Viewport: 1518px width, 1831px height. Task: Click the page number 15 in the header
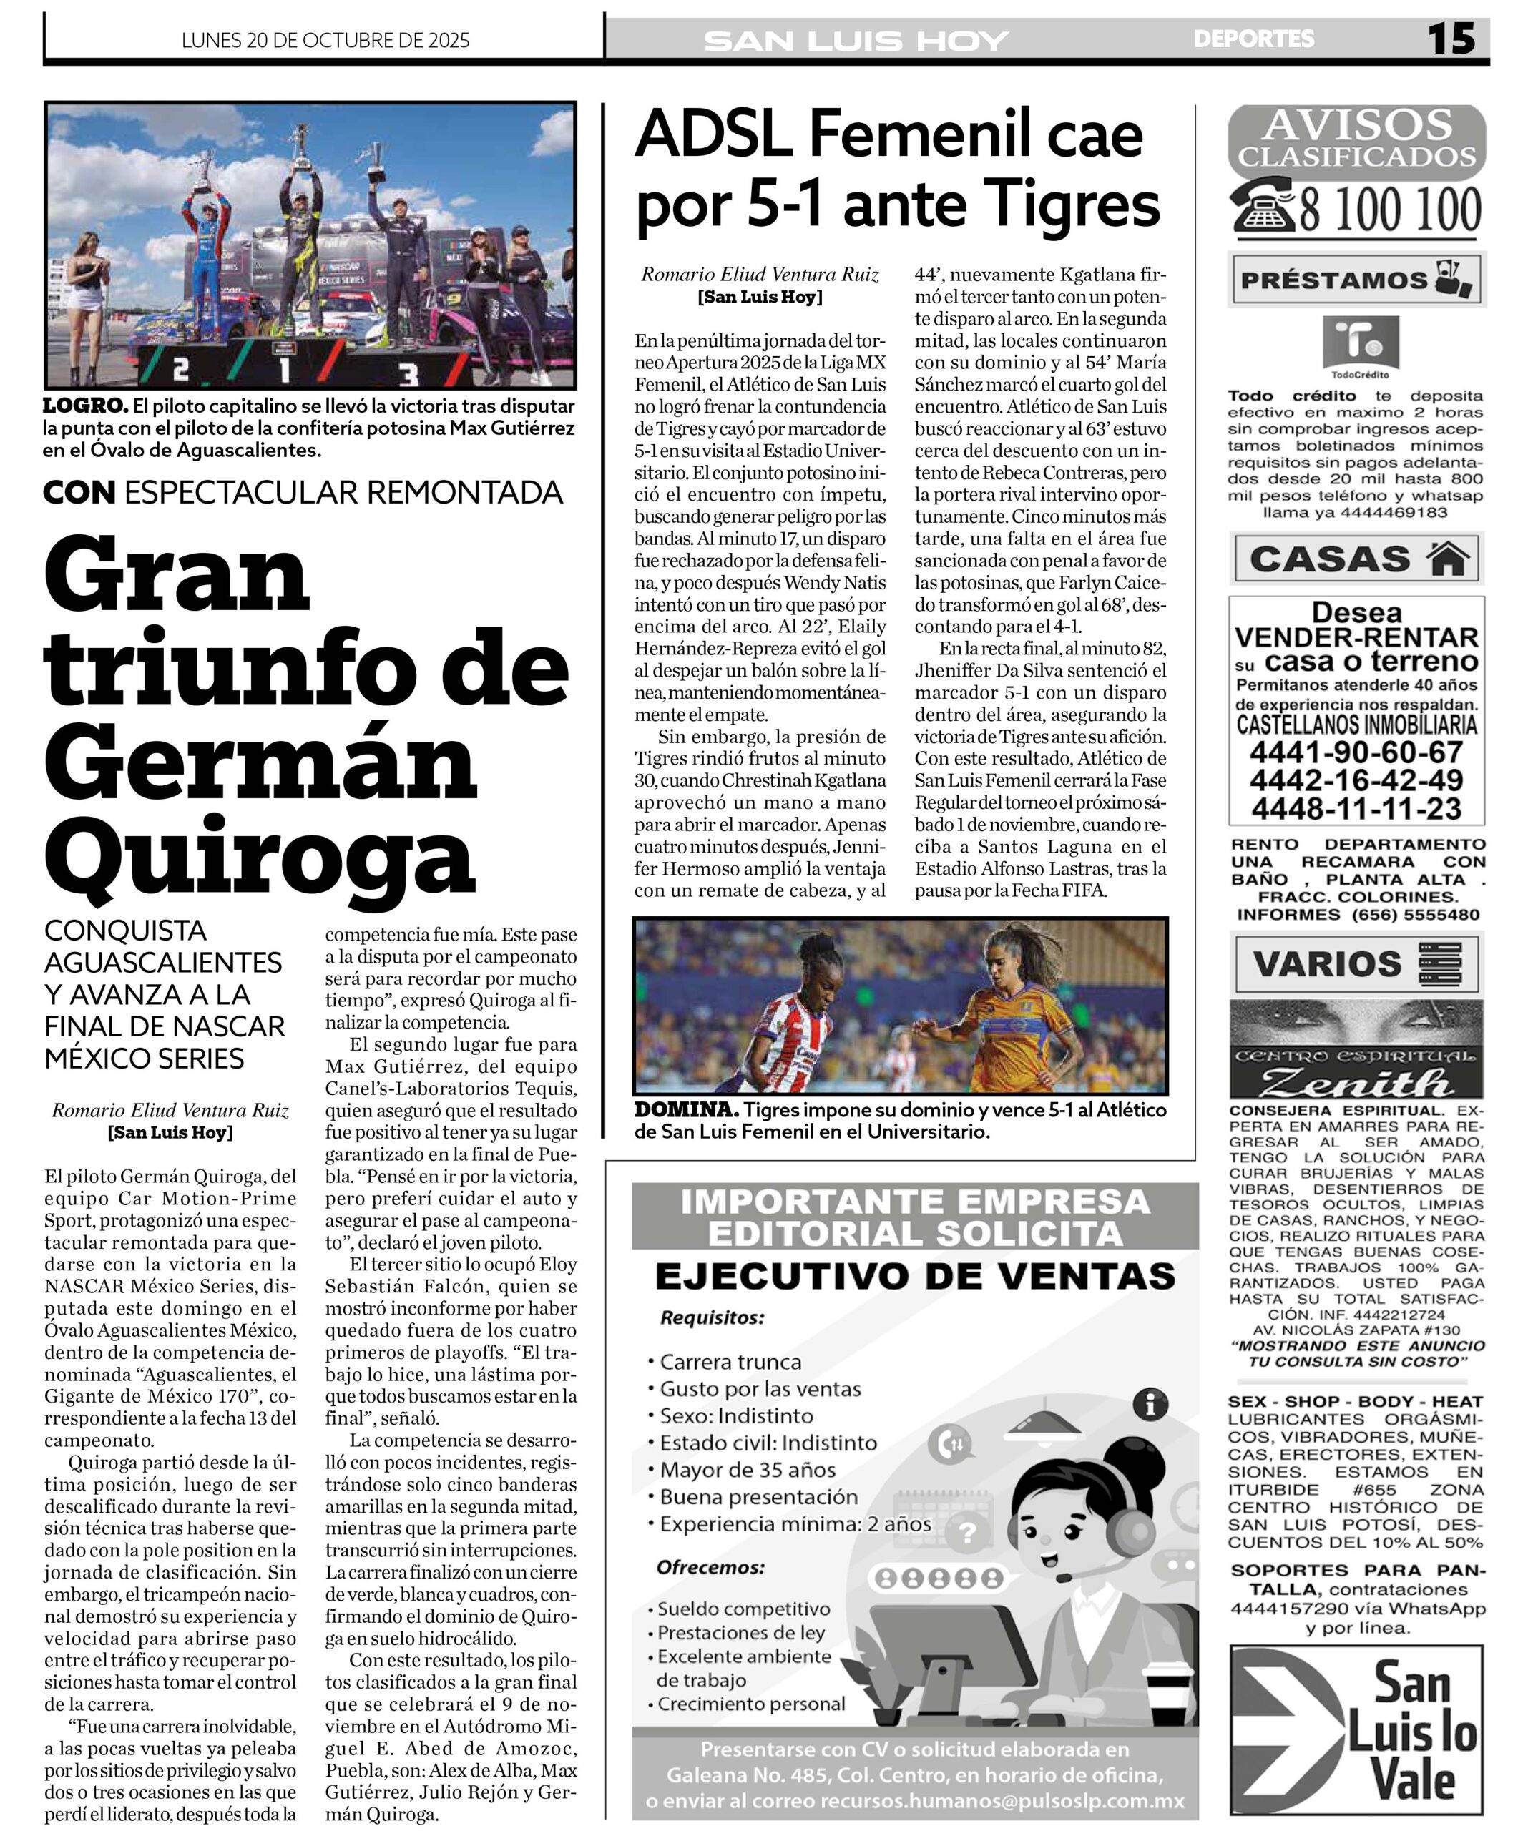coord(1451,39)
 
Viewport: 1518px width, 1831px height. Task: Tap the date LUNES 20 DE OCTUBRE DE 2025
coord(325,41)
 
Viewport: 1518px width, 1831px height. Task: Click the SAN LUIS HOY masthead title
coord(856,41)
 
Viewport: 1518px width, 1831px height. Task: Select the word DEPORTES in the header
coord(1253,39)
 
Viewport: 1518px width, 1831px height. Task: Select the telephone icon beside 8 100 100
coord(1262,206)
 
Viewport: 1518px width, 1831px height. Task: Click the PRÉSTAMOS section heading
coord(1334,281)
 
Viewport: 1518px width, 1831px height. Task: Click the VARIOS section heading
coord(1327,963)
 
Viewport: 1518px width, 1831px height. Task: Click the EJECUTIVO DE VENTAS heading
coord(915,1277)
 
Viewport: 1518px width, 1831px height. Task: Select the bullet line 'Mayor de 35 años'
coord(748,1470)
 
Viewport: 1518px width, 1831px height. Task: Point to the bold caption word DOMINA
coord(686,1110)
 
